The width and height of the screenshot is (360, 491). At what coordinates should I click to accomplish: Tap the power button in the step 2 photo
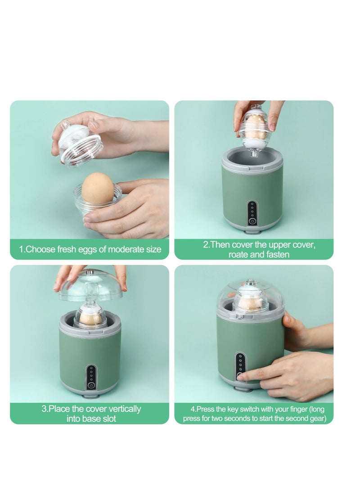click(x=252, y=221)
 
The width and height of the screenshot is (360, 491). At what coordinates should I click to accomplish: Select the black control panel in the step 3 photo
click(x=91, y=377)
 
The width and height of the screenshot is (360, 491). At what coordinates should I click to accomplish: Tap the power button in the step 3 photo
click(x=91, y=385)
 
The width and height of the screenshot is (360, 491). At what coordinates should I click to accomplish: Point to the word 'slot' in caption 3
click(x=108, y=419)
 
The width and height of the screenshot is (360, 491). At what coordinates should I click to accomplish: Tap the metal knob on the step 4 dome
click(x=249, y=283)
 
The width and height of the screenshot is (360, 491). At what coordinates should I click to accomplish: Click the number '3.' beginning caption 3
click(x=45, y=409)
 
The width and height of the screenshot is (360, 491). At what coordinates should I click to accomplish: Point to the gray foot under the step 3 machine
click(x=90, y=396)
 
